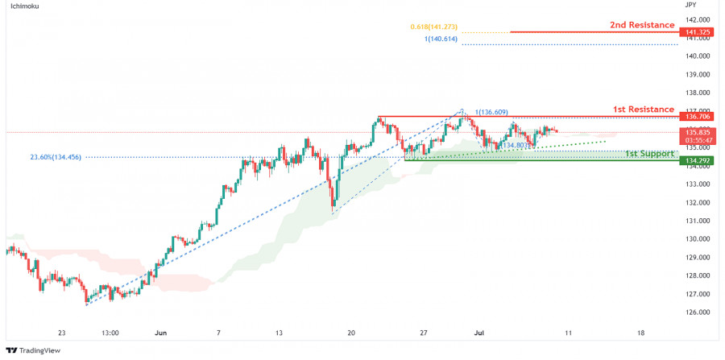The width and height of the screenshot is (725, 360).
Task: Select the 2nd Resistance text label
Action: (x=642, y=25)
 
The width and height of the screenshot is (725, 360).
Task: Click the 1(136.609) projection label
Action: (x=491, y=112)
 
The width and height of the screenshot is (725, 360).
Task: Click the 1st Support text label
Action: (x=648, y=153)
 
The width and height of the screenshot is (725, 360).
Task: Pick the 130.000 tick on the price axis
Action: (x=698, y=239)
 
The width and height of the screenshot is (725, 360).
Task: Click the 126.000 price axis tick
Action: (x=698, y=312)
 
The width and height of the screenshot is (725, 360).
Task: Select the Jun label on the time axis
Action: (x=160, y=332)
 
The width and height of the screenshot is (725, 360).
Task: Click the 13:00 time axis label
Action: (x=110, y=332)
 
